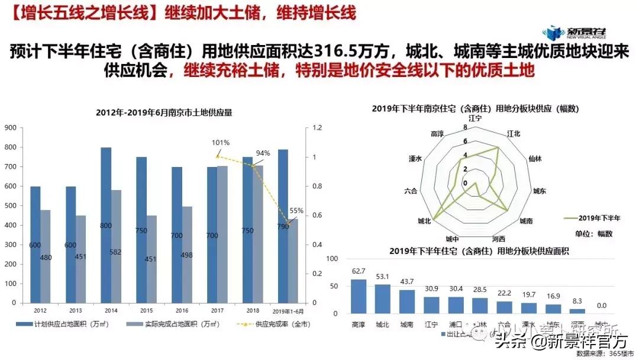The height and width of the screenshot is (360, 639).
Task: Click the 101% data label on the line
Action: click(x=221, y=143)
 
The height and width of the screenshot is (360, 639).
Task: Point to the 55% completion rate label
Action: click(x=296, y=211)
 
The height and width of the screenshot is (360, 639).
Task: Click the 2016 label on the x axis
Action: click(x=181, y=310)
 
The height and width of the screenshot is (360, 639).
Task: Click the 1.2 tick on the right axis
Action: click(x=317, y=128)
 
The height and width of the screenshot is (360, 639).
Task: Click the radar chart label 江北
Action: click(x=514, y=134)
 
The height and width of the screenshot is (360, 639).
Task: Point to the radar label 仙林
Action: click(x=535, y=159)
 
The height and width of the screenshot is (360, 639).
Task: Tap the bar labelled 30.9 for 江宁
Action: click(x=431, y=304)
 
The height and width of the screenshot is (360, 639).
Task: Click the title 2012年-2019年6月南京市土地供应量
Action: click(x=164, y=112)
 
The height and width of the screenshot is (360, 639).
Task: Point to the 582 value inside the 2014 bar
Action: click(x=115, y=252)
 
